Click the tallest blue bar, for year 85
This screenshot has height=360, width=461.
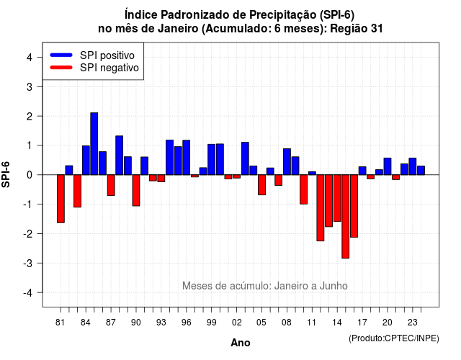pyautogui.click(x=94, y=144)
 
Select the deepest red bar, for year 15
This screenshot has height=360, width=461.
pyautogui.click(x=346, y=217)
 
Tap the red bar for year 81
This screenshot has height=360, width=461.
pyautogui.click(x=61, y=199)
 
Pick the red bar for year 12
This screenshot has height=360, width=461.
pyautogui.click(x=321, y=208)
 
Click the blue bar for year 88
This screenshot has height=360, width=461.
pyautogui.click(x=119, y=156)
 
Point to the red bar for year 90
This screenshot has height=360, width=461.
pyautogui.click(x=136, y=190)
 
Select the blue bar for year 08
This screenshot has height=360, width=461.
pyautogui.click(x=287, y=161)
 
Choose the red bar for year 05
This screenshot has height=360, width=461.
pyautogui.click(x=261, y=185)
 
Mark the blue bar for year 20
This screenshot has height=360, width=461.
pyautogui.click(x=388, y=166)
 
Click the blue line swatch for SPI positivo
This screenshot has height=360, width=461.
pyautogui.click(x=61, y=55)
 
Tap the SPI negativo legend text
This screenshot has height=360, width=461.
pyautogui.click(x=109, y=68)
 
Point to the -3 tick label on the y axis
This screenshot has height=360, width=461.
pyautogui.click(x=29, y=263)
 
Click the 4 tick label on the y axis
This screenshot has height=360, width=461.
pyautogui.click(x=30, y=57)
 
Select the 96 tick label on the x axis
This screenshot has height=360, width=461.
pyautogui.click(x=186, y=323)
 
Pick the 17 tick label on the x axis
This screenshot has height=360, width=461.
pyautogui.click(x=362, y=323)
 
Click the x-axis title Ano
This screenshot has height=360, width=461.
pyautogui.click(x=241, y=343)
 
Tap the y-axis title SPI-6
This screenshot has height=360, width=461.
pyautogui.click(x=6, y=174)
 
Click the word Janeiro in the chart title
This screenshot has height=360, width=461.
pyautogui.click(x=178, y=29)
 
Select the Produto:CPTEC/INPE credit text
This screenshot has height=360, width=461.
pyautogui.click(x=394, y=338)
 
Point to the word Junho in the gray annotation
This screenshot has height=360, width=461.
pyautogui.click(x=334, y=286)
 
